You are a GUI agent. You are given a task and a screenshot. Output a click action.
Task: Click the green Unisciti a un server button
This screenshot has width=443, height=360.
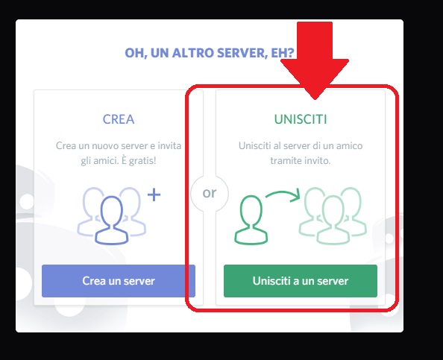(x=301, y=281)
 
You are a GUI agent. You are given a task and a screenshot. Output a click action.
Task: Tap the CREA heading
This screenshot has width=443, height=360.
(x=119, y=119)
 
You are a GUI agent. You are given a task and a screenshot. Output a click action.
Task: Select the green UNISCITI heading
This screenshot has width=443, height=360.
(x=301, y=119)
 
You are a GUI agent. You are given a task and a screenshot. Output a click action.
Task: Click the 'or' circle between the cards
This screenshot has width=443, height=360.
(x=210, y=193)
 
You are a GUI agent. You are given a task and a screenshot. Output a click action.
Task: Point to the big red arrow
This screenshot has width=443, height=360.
(x=315, y=60)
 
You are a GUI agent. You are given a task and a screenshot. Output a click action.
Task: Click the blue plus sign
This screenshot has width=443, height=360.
(x=154, y=195)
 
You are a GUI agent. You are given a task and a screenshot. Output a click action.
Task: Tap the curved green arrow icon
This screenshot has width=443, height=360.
(x=283, y=195)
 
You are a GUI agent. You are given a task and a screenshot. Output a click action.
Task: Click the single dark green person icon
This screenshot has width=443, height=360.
(x=251, y=220)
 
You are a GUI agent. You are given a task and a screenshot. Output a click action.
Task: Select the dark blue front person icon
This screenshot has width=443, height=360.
(x=112, y=220)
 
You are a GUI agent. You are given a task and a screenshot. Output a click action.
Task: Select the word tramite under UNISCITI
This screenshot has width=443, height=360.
(x=283, y=161)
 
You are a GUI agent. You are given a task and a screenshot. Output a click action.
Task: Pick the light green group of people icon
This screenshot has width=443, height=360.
(x=333, y=216)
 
